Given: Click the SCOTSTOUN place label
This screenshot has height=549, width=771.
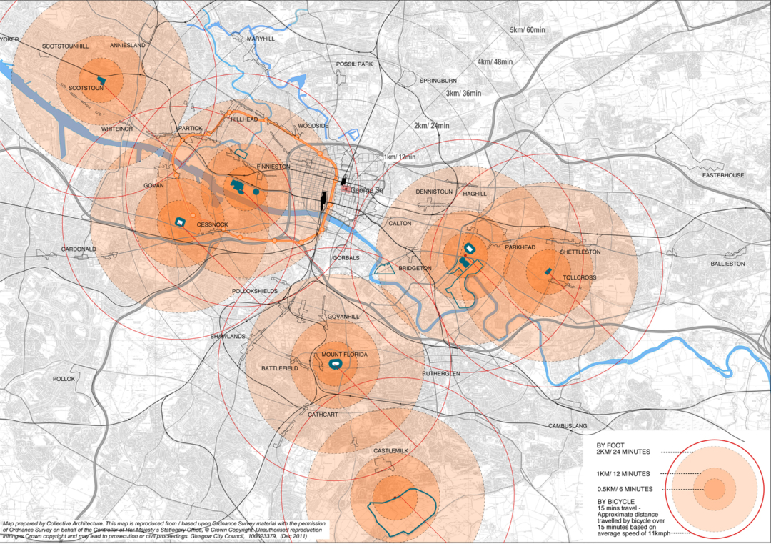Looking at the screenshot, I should [86, 89].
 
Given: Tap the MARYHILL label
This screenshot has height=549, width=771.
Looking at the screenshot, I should [260, 39].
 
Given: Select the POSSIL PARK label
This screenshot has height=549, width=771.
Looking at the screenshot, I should [355, 64].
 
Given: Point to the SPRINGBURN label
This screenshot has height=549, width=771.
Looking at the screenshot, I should [438, 81].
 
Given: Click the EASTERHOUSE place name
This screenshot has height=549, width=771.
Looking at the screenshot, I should [722, 175].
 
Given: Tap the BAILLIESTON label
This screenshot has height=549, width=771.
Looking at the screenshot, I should [727, 264].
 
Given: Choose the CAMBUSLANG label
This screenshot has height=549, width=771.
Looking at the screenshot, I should [568, 426].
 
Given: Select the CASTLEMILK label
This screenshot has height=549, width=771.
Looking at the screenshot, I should [390, 451].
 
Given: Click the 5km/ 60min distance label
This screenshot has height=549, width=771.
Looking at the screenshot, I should [527, 31].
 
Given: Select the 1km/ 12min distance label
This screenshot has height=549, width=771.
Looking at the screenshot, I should [399, 157].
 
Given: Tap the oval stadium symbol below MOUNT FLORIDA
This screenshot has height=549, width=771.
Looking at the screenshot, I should [335, 365].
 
